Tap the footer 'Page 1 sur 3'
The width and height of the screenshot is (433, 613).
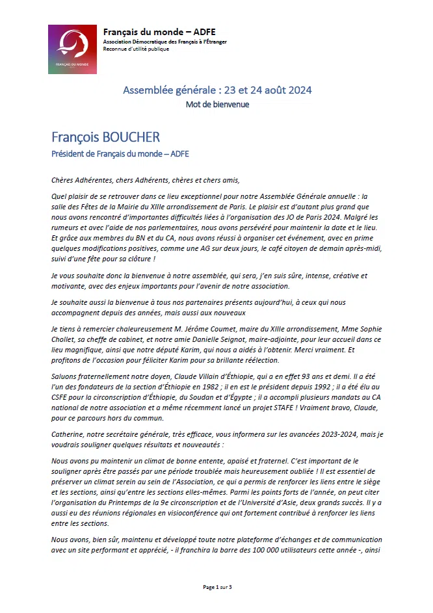[x=217, y=588]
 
